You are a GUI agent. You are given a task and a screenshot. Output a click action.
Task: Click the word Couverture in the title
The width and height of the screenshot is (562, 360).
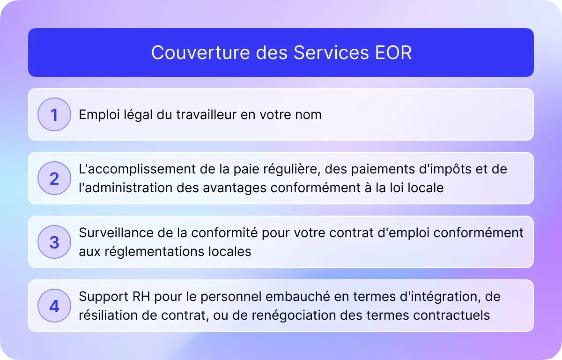tap(200, 52)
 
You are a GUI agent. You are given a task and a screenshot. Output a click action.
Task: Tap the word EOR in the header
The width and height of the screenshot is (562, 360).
tap(393, 52)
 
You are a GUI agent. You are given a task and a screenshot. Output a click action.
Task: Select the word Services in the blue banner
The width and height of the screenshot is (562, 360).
tap(331, 52)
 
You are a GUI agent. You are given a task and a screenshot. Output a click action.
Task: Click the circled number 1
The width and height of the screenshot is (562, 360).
tap(54, 114)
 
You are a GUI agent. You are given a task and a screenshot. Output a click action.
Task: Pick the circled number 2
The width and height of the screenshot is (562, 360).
tap(54, 178)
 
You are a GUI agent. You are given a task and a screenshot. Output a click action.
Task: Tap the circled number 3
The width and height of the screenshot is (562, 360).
tap(54, 242)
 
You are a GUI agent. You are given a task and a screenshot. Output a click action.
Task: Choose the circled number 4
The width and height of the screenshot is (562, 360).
tap(54, 306)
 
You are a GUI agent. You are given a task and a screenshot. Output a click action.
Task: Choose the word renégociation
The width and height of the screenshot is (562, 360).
tap(294, 316)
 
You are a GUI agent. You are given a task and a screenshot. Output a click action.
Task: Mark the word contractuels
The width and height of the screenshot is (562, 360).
tap(451, 315)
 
